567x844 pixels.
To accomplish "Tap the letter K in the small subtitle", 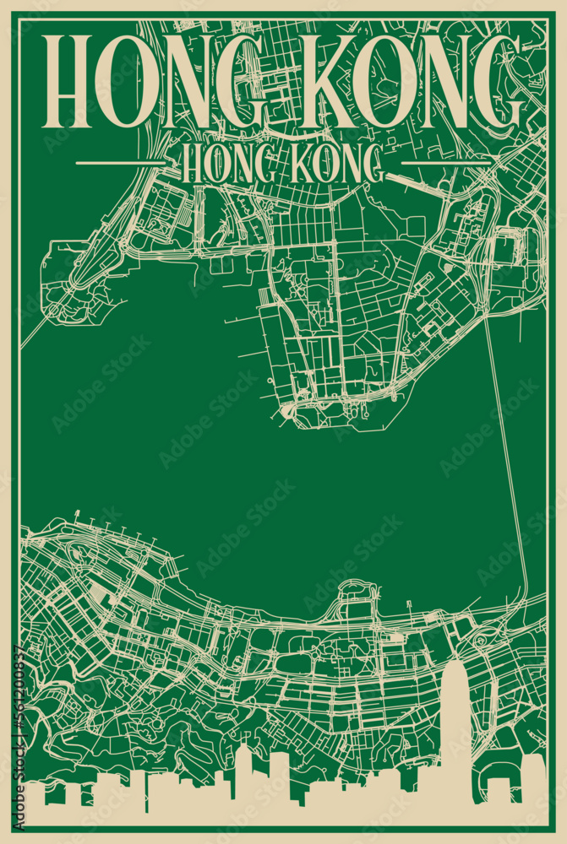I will coord(301,165).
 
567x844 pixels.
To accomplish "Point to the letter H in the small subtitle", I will coord(191,165).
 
